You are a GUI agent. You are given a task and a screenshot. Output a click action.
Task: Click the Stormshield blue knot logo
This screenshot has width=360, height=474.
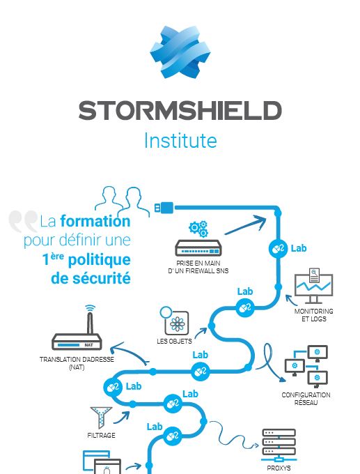click(x=180, y=52)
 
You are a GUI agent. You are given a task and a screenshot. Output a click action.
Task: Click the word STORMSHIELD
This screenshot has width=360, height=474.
click(x=180, y=111)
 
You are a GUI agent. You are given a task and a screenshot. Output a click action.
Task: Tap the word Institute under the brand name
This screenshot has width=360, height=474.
click(x=180, y=140)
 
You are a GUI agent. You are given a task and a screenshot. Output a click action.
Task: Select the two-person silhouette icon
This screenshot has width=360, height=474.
click(x=123, y=201)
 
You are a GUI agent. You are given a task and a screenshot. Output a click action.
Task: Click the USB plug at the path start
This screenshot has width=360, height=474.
click(x=164, y=208)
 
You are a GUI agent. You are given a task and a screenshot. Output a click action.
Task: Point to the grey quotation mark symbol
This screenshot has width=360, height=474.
click(x=23, y=221)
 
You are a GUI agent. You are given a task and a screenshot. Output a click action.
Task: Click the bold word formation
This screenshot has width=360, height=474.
click(x=95, y=221)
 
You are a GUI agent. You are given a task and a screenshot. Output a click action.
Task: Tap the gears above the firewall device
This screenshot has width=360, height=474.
click(x=198, y=229)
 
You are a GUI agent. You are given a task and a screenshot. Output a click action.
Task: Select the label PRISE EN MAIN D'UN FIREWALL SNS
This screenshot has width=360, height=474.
click(x=198, y=267)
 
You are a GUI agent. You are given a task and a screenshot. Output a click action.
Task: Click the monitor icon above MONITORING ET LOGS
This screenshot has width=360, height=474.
click(x=313, y=286)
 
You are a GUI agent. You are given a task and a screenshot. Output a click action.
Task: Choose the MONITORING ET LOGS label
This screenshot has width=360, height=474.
click(x=314, y=314)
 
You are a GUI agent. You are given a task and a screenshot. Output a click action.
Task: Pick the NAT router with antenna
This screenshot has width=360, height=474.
click(x=77, y=328)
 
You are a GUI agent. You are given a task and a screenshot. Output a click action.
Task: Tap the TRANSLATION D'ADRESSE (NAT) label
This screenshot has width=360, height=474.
click(x=77, y=363)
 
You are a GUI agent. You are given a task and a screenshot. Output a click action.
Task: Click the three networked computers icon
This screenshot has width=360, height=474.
click(x=306, y=367)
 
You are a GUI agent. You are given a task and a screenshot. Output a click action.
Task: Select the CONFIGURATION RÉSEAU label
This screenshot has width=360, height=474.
click(x=306, y=399)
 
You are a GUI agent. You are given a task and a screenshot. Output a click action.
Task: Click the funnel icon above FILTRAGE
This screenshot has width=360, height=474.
click(x=101, y=418)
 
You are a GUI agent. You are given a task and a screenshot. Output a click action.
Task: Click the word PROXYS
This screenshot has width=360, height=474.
click(x=279, y=468)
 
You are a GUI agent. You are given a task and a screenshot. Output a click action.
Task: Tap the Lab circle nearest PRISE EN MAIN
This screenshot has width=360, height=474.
click(x=278, y=249)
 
